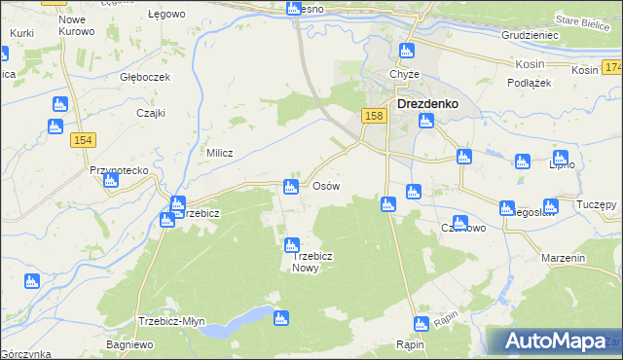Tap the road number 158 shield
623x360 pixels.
[375, 116]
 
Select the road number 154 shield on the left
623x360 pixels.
[82, 141]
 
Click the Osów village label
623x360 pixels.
[325, 185]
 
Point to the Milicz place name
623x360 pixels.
[217, 153]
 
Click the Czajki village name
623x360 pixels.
[150, 113]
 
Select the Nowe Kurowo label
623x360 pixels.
[77, 25]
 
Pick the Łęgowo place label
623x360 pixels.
[165, 16]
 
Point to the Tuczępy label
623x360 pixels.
[596, 204]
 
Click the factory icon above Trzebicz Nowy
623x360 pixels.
[291, 246]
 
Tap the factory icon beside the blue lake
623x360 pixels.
[282, 316]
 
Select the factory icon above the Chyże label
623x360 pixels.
[409, 51]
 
